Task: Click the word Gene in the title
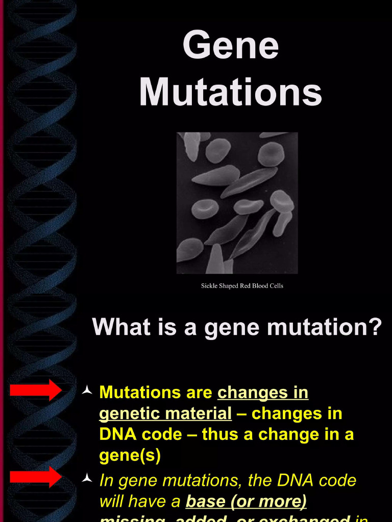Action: click(x=230, y=45)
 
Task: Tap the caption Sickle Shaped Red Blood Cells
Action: click(x=242, y=285)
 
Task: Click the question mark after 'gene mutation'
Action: click(x=375, y=327)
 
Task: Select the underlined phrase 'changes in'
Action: click(x=263, y=393)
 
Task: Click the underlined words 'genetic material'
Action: click(x=165, y=413)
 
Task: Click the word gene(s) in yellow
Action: click(x=130, y=455)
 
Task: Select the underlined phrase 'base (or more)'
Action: click(x=246, y=502)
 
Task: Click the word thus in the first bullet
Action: click(x=220, y=434)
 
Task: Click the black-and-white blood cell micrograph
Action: click(x=237, y=203)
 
